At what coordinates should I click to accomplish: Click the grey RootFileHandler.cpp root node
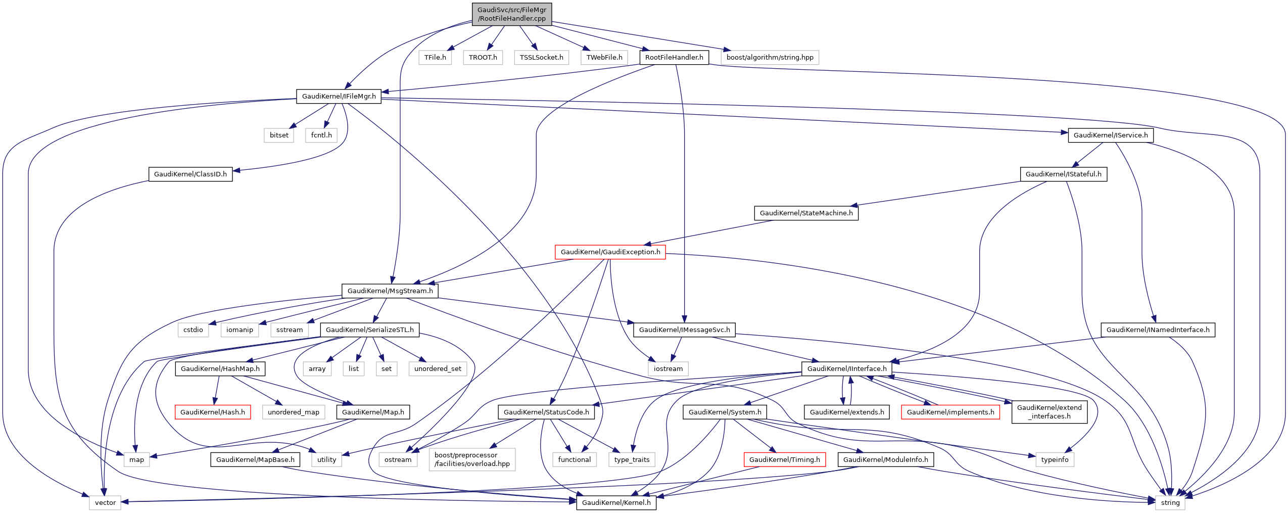[x=512, y=14]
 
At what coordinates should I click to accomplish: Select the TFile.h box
[x=435, y=58]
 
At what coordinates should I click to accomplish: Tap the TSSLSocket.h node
[x=541, y=58]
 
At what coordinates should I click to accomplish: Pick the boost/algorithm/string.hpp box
[x=770, y=58]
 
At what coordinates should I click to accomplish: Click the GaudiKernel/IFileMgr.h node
[x=339, y=97]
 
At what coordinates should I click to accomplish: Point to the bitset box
[x=279, y=135]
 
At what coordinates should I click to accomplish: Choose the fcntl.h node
[x=321, y=135]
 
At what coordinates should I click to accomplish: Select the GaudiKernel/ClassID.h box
[x=190, y=174]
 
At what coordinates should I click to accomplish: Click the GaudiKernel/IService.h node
[x=1111, y=135]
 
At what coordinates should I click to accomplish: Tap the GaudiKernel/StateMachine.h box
[x=806, y=213]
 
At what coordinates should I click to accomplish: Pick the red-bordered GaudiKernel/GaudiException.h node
[x=610, y=252]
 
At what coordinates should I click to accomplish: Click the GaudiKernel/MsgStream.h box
[x=390, y=291]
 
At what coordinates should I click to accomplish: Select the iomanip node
[x=240, y=330]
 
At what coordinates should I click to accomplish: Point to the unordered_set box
[x=438, y=369]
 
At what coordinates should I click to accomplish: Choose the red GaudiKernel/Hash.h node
[x=213, y=412]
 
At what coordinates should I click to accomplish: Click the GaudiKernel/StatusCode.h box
[x=546, y=412]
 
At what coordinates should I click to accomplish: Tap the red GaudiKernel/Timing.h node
[x=785, y=460]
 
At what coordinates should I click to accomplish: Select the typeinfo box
[x=1055, y=460]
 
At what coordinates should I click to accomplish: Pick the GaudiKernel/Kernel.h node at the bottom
[x=616, y=503]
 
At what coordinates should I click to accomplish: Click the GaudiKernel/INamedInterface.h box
[x=1158, y=330]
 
